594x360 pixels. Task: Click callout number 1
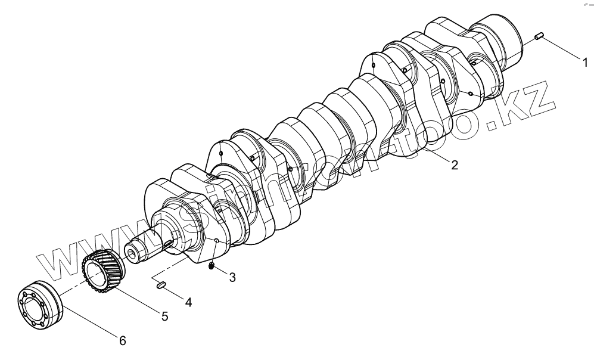[x=585, y=61]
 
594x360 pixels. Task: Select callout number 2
[x=454, y=165]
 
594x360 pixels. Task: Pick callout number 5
[x=164, y=316]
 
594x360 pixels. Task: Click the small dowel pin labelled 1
[x=540, y=37]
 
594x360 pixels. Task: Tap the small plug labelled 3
[x=212, y=265]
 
